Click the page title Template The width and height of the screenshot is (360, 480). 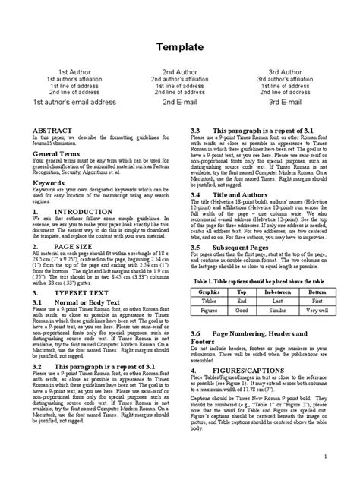(180, 47)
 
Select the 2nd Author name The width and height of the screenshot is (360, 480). (180, 71)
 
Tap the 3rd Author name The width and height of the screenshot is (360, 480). (285, 71)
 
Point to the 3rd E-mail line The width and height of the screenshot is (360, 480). (285, 101)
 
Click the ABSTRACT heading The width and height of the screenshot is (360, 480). (52, 131)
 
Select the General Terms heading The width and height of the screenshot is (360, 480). (59, 153)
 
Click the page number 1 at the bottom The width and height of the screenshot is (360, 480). (324, 455)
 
